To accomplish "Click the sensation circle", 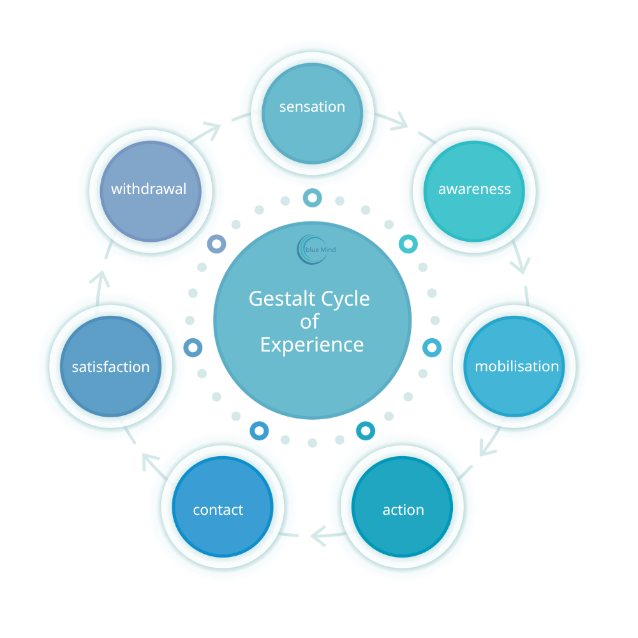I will [312, 114].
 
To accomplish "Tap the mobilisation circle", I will [516, 366].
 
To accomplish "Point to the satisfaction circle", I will [110, 367].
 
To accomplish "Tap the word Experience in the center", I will [312, 345].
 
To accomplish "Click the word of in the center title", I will [310, 322].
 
